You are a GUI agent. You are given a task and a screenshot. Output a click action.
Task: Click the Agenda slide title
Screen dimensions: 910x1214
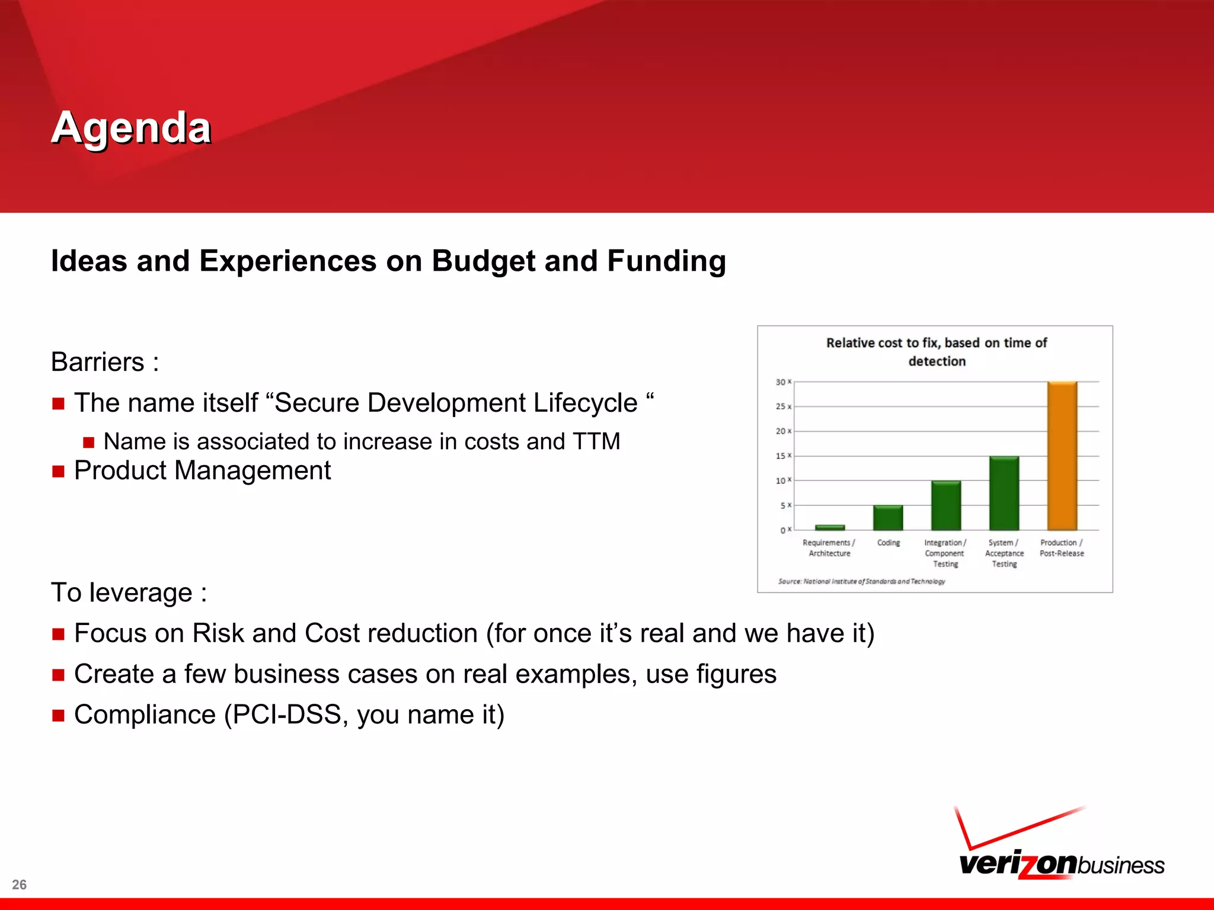coord(131,127)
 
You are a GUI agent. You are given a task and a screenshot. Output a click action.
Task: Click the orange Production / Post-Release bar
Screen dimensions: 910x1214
coord(1062,456)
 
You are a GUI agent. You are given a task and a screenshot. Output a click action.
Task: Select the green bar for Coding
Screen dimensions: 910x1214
coord(887,518)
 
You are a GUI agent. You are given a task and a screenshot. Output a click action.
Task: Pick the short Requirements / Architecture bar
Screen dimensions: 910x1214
coord(829,527)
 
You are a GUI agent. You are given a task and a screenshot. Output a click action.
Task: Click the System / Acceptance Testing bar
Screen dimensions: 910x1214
coord(1004,493)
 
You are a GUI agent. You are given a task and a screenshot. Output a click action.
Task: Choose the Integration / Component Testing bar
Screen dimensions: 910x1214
coord(945,505)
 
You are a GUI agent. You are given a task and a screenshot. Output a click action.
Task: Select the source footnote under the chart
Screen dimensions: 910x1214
coord(861,581)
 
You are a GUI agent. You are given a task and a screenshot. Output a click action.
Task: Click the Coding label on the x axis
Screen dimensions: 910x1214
coord(888,543)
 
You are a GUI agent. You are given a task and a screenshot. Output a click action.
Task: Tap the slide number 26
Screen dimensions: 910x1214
coord(19,885)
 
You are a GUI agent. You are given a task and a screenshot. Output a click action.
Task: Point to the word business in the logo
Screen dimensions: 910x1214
coord(1120,866)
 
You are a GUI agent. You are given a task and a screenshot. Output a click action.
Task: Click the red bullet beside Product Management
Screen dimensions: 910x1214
coord(58,472)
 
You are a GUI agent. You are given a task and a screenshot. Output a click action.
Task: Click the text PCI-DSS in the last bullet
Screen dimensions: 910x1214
coord(286,714)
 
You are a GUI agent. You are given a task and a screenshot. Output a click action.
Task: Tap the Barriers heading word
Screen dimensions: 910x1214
coord(98,362)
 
